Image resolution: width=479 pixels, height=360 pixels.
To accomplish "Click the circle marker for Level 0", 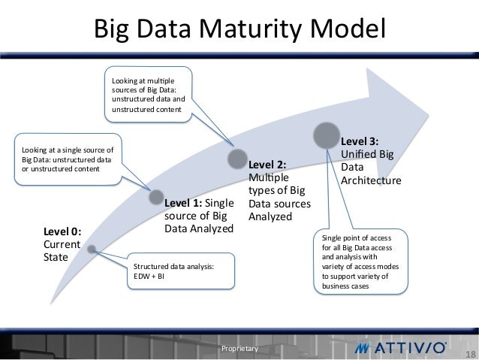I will pos(91,249).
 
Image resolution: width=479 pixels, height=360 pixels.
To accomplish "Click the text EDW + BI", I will pos(149,276).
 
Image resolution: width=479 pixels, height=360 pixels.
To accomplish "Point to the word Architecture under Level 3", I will pos(371,181).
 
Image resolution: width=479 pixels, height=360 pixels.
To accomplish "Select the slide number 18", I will pos(471,355).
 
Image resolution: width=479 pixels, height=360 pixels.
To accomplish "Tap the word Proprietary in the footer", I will pos(239,349).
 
